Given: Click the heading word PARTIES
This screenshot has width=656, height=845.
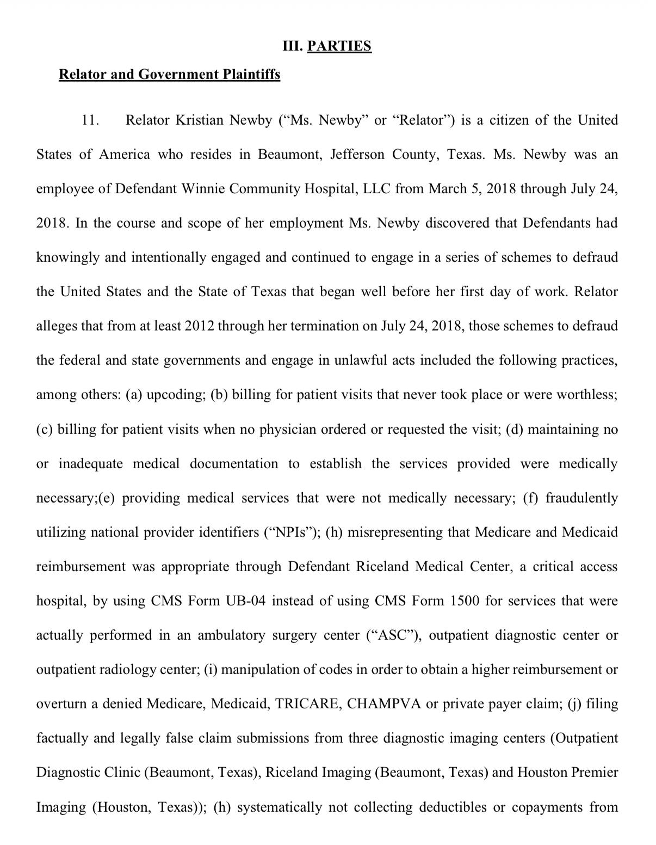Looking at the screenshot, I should [x=339, y=46].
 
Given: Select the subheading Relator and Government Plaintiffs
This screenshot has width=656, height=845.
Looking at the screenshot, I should [x=169, y=74].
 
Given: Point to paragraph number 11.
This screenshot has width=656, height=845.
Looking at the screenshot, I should [x=90, y=120].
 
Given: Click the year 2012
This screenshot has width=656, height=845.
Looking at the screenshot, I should [x=200, y=326].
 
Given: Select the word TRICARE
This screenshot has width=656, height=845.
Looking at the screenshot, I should [x=308, y=703].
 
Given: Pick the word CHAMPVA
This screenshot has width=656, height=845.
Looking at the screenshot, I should [x=384, y=703].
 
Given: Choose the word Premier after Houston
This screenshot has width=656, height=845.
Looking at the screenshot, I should [x=594, y=772].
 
